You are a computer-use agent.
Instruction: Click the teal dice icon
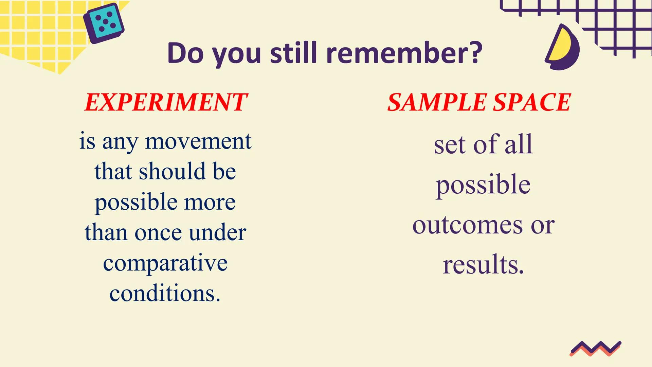[104, 23]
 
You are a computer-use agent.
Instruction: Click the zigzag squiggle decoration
[595, 349]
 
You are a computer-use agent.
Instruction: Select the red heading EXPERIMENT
[166, 102]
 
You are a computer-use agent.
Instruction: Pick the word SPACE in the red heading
[532, 102]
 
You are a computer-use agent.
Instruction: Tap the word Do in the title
[185, 53]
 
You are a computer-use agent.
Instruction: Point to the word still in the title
[293, 53]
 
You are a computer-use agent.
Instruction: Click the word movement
[198, 141]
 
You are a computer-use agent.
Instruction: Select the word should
[172, 171]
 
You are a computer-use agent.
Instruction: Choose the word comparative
[165, 263]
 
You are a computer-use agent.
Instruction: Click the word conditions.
[165, 293]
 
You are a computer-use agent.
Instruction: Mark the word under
[217, 232]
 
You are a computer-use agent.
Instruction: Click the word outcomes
[468, 225]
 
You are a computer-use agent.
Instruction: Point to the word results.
[483, 264]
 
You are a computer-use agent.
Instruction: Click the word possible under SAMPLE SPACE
[483, 185]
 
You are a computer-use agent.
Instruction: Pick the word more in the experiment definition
[210, 203]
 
